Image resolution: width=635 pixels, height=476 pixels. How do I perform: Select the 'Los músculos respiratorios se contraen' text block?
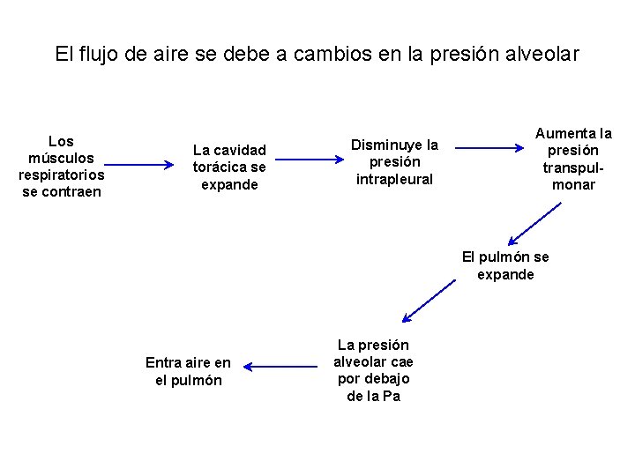61,167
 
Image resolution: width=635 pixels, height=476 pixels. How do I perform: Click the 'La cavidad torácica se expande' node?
229,167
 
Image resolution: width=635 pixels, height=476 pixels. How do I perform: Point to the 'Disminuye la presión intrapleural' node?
394,161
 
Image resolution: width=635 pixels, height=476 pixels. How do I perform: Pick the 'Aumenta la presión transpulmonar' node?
573,160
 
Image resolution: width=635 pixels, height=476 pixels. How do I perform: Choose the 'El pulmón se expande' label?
505,265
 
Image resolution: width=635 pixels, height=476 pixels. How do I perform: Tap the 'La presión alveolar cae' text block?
373,370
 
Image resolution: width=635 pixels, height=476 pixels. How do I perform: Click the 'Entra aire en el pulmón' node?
188,371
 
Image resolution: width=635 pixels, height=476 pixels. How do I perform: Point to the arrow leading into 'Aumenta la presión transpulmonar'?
489,150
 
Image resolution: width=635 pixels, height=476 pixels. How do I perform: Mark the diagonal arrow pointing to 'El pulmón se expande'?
534,223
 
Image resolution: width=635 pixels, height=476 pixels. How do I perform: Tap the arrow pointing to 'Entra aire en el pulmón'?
280,366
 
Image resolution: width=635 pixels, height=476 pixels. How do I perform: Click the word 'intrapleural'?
394,180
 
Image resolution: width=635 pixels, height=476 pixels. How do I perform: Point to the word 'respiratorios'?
61,175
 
